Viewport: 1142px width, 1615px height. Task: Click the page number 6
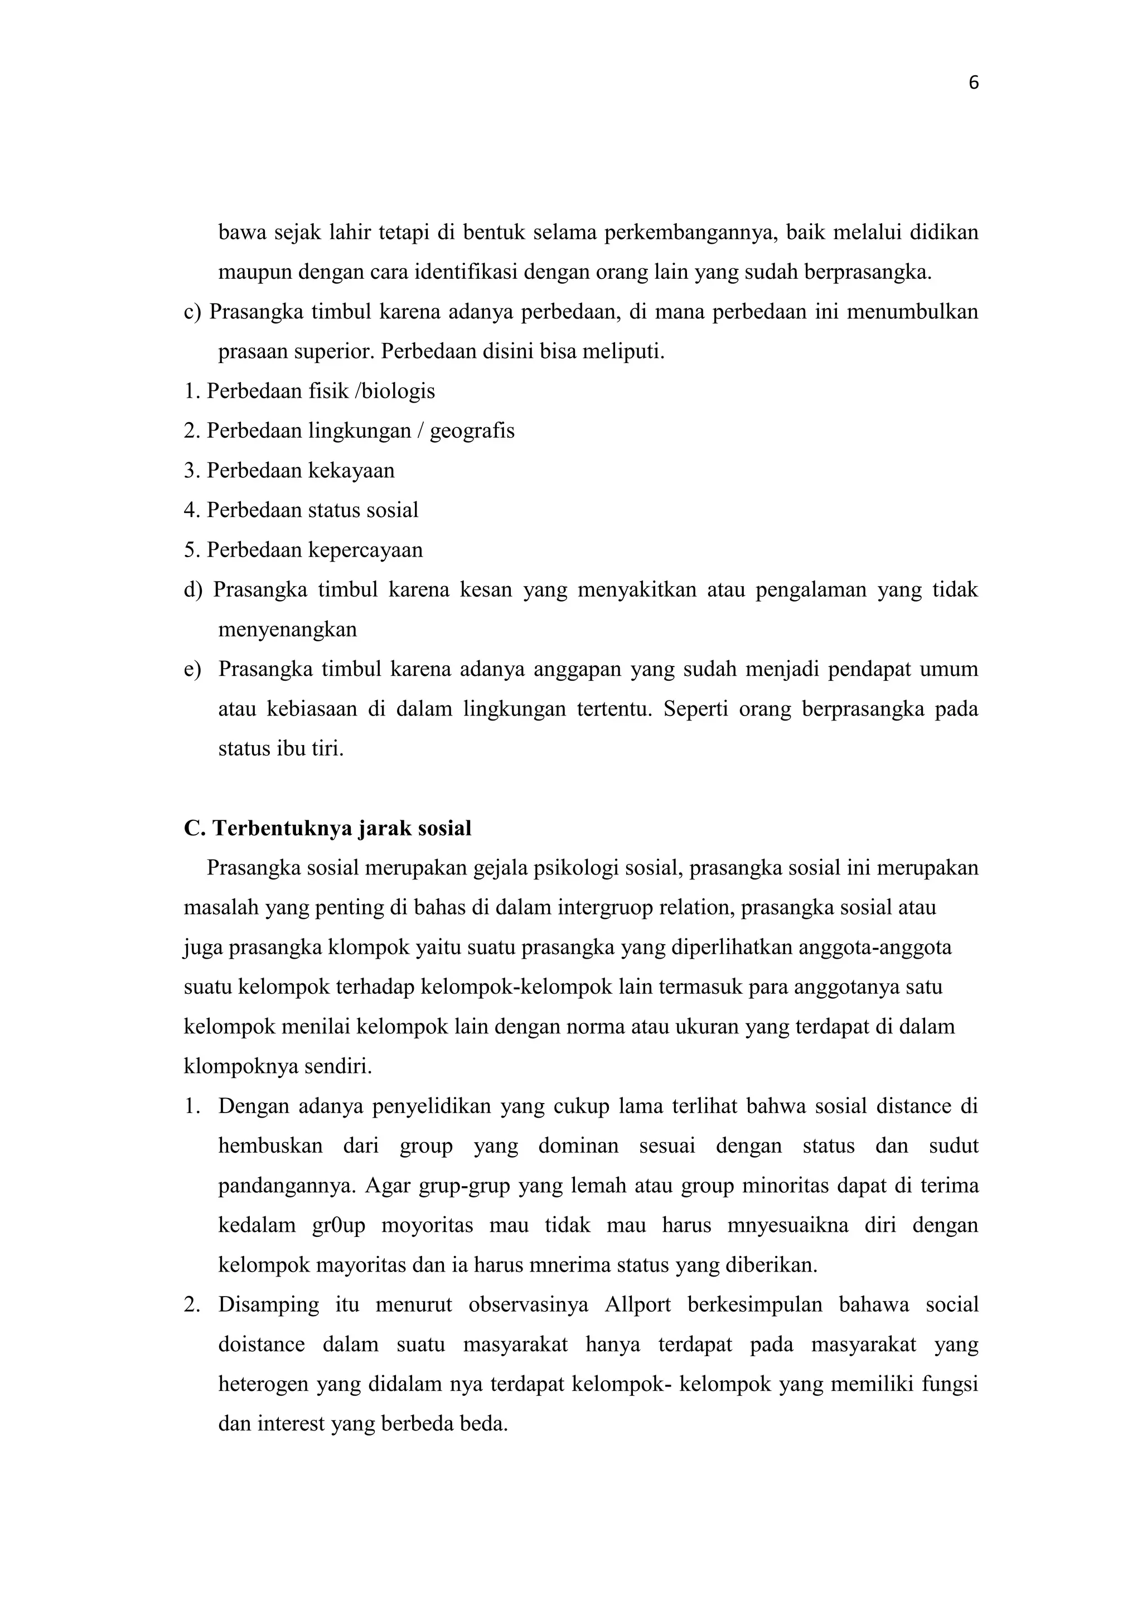(x=973, y=83)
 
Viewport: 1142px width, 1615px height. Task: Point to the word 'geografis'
(x=472, y=431)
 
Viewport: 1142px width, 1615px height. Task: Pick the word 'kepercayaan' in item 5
(x=366, y=550)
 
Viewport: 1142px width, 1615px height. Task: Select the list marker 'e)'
(x=193, y=669)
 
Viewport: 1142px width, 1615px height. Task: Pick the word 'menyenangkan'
(x=288, y=630)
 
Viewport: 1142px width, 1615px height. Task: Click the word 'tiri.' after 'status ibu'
(x=328, y=748)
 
